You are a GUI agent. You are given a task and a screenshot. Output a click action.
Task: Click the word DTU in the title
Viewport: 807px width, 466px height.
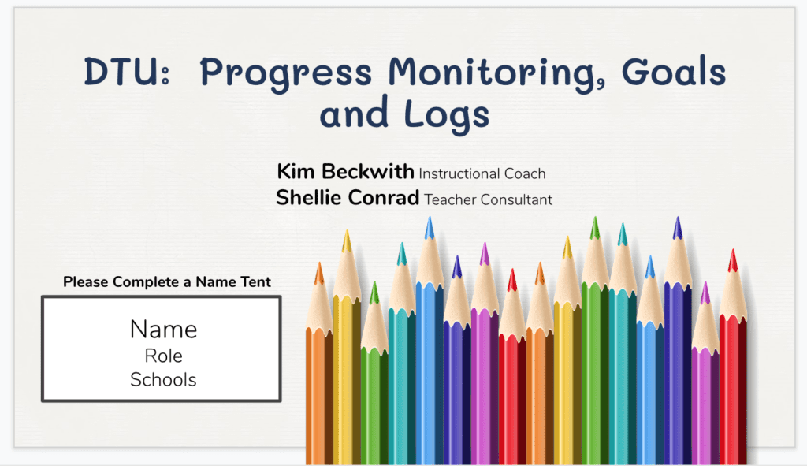[x=121, y=72]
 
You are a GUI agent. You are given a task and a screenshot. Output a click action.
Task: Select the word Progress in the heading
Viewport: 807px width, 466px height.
[x=285, y=75]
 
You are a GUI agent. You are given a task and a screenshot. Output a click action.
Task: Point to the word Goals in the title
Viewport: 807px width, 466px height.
[x=674, y=71]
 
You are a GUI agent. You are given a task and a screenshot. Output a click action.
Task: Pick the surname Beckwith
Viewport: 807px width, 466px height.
[x=367, y=171]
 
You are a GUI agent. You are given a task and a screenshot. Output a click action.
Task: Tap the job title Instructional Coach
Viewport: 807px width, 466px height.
[x=482, y=174]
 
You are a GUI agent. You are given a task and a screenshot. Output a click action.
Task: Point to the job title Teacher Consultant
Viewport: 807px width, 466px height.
[x=488, y=199]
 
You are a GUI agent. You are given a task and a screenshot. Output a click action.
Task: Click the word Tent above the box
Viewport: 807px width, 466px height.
[x=253, y=281]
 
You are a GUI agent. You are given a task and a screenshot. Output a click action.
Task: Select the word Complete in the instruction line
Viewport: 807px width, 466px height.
[x=146, y=282]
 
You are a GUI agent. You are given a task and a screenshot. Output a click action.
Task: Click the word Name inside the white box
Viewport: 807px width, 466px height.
[x=163, y=330]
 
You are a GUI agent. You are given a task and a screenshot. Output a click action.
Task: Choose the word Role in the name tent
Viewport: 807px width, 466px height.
[x=163, y=356]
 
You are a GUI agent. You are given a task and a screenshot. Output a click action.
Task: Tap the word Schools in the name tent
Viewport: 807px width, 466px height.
[x=163, y=380]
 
